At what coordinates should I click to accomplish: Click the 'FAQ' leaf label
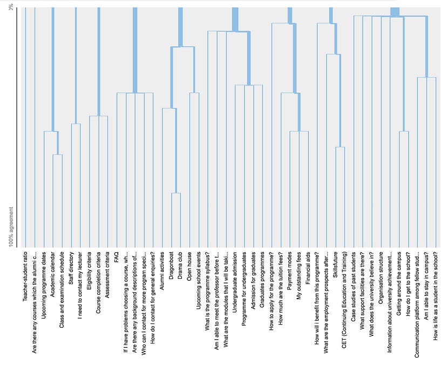tap(117, 256)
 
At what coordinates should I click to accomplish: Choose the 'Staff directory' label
tap(71, 269)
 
